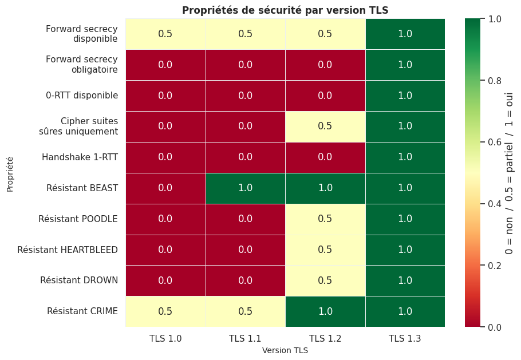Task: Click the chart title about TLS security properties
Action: point(285,10)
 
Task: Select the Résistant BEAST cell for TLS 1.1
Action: point(245,188)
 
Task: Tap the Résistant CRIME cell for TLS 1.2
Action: point(325,311)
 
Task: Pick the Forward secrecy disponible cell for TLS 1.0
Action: point(165,34)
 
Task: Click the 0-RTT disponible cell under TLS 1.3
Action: point(405,96)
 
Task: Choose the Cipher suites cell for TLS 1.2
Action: point(325,126)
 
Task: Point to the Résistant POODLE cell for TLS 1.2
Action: point(325,219)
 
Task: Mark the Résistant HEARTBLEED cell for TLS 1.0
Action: point(165,250)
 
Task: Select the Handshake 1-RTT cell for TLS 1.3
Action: point(405,157)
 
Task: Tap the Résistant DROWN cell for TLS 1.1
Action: point(245,280)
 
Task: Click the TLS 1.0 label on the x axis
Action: point(165,339)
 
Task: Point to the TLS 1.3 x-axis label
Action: point(405,339)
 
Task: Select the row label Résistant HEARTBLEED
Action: point(68,250)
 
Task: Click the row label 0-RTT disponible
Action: point(82,96)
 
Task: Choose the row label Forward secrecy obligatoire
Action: point(82,65)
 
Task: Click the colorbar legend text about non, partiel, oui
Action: point(509,173)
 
